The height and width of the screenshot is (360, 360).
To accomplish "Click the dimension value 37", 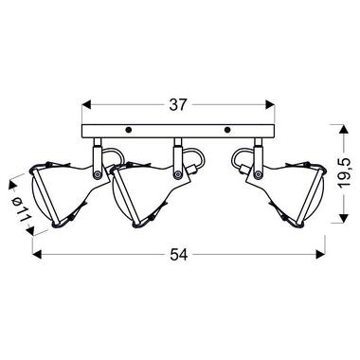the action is pos(178,105).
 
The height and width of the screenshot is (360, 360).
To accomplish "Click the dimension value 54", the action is pos(179,254).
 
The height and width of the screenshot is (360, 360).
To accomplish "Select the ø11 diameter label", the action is pos(22,207).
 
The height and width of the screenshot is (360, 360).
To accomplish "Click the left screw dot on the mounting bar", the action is pos(129,130).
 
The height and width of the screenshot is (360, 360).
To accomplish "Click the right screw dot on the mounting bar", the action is pos(226,130).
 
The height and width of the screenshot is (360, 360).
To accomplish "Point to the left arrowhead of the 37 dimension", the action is pos(86,105).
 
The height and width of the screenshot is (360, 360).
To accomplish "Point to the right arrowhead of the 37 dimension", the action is pos(270,105).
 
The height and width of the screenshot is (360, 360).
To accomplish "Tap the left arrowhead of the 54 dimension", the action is pos(38,254).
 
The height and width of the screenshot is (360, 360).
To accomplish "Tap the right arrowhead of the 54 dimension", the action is pos(320,254).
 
